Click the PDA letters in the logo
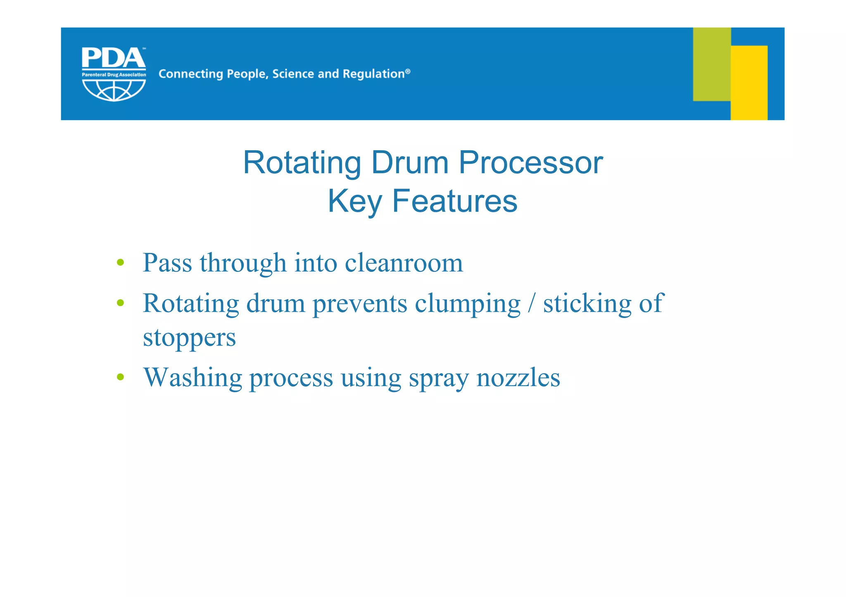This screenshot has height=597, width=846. (113, 58)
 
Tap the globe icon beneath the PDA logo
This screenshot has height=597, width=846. (114, 90)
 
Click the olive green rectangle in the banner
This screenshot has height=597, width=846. (711, 64)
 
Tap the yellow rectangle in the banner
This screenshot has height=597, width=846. (749, 83)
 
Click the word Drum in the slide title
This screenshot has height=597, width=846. (410, 163)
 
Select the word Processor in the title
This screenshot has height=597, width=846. (531, 163)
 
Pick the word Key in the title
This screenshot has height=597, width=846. (355, 202)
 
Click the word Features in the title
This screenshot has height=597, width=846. (454, 201)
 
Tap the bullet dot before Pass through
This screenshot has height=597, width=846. (120, 262)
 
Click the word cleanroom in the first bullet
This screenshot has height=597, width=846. (404, 263)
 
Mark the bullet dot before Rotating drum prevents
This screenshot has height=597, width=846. (120, 303)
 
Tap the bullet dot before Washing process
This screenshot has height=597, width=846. (120, 377)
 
